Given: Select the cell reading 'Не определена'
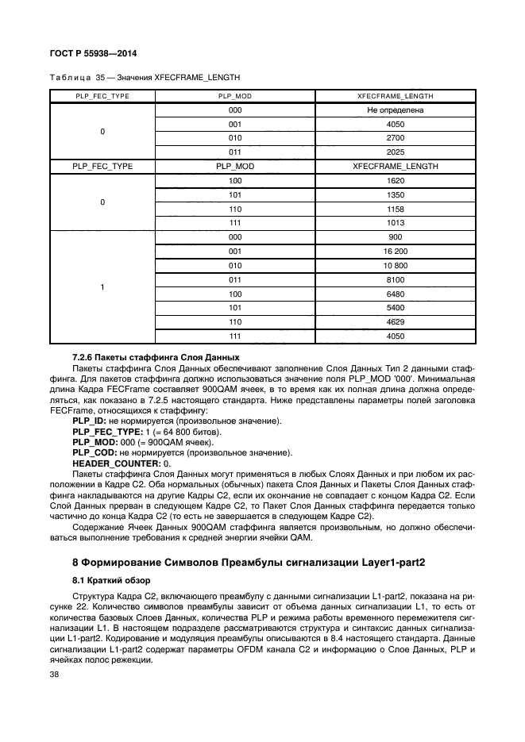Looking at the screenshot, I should [396, 110].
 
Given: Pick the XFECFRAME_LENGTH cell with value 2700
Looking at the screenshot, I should [396, 137].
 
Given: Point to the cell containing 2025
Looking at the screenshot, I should [396, 152].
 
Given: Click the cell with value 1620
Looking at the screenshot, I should [396, 180].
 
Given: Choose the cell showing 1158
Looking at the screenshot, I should [396, 209].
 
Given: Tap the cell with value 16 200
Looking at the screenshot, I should [396, 251].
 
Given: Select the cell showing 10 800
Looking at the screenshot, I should [396, 265].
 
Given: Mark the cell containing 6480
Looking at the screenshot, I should [396, 294].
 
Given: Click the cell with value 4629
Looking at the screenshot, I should [396, 322].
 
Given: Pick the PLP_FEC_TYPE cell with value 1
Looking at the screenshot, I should [102, 286].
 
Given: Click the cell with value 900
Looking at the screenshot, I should [396, 236].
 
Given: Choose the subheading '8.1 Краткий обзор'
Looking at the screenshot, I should [106, 581].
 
